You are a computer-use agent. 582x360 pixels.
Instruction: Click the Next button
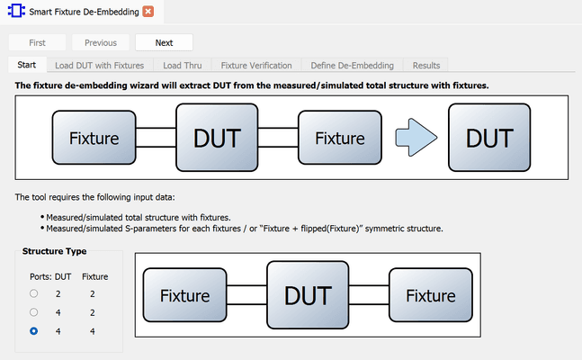[164, 42]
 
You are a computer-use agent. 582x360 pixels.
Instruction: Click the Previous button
[101, 42]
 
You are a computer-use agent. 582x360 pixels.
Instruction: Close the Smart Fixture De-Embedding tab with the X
[148, 12]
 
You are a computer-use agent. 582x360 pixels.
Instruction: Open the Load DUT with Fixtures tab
[99, 66]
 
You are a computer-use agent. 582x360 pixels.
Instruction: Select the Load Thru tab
[183, 66]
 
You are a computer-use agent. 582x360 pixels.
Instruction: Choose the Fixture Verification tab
[256, 66]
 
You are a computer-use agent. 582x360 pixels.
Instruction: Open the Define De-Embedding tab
[352, 66]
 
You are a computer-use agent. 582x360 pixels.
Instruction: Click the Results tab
[426, 66]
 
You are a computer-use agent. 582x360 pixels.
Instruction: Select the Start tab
[26, 66]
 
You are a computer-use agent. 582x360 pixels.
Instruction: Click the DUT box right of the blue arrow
[489, 139]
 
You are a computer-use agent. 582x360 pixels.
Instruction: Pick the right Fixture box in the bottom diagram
[429, 295]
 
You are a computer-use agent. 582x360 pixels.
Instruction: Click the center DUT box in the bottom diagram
[307, 295]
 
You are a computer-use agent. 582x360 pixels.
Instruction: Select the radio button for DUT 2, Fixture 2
[34, 293]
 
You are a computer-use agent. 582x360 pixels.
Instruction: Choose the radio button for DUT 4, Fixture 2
[34, 312]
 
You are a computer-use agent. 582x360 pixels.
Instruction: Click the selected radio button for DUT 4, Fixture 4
[34, 331]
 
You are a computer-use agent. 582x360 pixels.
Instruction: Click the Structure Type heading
[54, 252]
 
